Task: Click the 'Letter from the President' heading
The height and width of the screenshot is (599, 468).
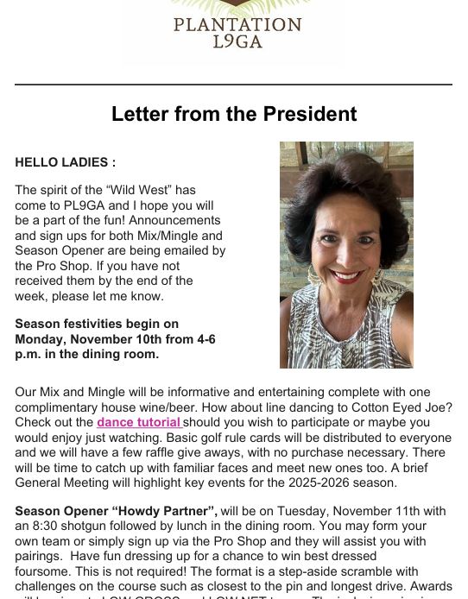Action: [233, 114]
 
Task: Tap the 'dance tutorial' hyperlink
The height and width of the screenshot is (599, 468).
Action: [138, 422]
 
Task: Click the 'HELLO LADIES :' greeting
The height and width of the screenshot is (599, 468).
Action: [65, 162]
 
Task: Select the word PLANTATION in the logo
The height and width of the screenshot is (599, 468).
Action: [237, 25]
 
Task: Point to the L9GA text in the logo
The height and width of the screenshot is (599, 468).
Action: [237, 41]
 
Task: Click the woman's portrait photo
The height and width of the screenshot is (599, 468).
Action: [346, 255]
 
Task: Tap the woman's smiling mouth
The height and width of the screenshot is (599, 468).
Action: [346, 276]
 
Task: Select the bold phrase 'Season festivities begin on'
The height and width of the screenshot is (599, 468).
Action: [97, 324]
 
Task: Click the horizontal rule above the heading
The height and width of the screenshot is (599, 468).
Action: [233, 85]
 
